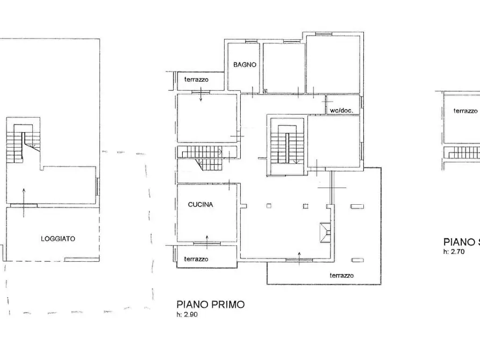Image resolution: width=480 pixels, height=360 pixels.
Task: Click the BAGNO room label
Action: (245, 64)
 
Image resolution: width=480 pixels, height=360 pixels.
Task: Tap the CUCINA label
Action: (200, 205)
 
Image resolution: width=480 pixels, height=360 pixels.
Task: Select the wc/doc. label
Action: (341, 111)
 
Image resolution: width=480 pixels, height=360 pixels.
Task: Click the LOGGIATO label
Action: (58, 239)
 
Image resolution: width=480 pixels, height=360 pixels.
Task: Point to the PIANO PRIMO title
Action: (211, 304)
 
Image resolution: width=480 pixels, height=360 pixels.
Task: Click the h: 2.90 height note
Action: (187, 314)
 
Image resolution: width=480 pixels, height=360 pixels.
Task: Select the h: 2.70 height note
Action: (454, 251)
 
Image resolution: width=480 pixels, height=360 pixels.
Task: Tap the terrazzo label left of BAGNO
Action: (196, 80)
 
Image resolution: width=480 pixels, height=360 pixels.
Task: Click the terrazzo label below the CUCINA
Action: (196, 260)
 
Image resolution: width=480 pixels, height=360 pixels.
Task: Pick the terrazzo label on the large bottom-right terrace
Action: (342, 276)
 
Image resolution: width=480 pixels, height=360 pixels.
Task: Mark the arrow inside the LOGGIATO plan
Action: (24, 203)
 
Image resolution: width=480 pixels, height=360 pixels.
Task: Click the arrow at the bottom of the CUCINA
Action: (207, 242)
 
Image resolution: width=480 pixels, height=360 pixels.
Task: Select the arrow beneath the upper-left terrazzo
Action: (201, 94)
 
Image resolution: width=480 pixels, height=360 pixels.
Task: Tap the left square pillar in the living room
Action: (269, 206)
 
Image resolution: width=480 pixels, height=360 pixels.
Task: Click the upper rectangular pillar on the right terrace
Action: (357, 206)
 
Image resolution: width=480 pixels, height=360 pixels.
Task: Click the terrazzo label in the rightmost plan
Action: (465, 111)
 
